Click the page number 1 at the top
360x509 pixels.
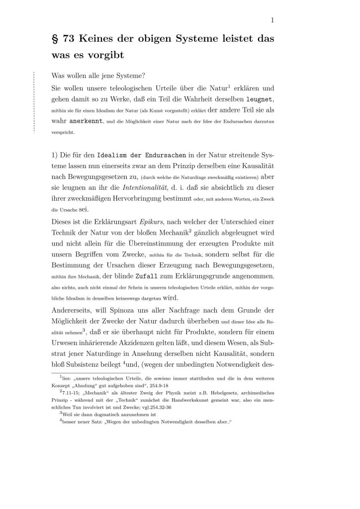(273, 20)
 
